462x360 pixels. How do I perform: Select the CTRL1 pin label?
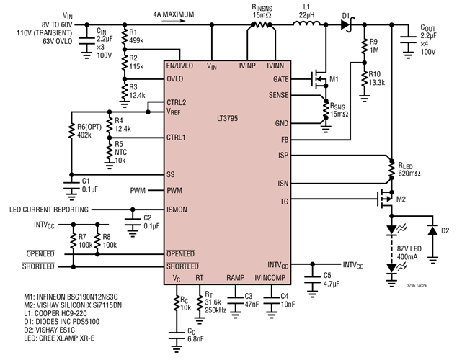(177, 136)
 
